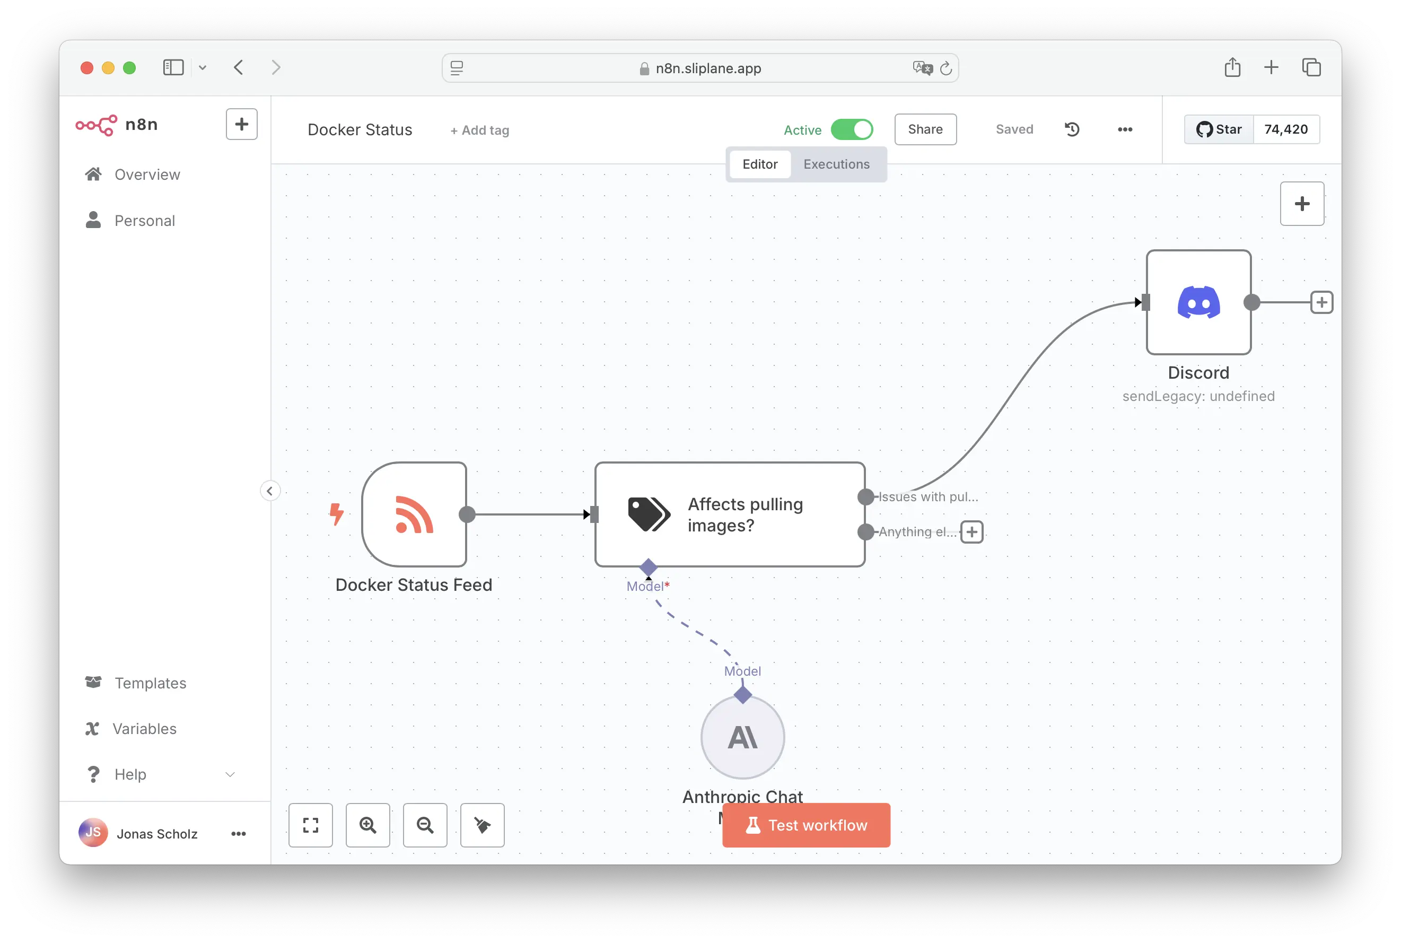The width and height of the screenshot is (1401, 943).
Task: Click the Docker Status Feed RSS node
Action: (414, 514)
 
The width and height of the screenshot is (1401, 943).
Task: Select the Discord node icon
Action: (1198, 302)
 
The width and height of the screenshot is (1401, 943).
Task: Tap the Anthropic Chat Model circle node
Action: (742, 737)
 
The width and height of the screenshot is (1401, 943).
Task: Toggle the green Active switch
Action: (852, 129)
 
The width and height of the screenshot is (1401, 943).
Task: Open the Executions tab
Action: (836, 164)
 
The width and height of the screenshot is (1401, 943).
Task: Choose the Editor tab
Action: (759, 164)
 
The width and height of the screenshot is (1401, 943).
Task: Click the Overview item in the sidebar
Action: (147, 174)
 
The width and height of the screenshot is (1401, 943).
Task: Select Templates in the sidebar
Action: (150, 683)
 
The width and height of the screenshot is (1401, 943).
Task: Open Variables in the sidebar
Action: (144, 728)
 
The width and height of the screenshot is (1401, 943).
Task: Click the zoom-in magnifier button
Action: (367, 825)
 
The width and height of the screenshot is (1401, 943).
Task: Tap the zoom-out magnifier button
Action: (425, 825)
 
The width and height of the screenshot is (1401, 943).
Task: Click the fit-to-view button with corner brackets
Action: (310, 825)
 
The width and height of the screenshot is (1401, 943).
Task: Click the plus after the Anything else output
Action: (971, 531)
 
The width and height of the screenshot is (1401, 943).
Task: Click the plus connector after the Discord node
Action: (1321, 302)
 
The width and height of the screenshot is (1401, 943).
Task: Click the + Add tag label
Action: (480, 130)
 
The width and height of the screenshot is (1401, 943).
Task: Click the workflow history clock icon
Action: (1072, 129)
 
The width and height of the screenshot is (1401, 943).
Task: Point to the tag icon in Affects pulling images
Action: (648, 514)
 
